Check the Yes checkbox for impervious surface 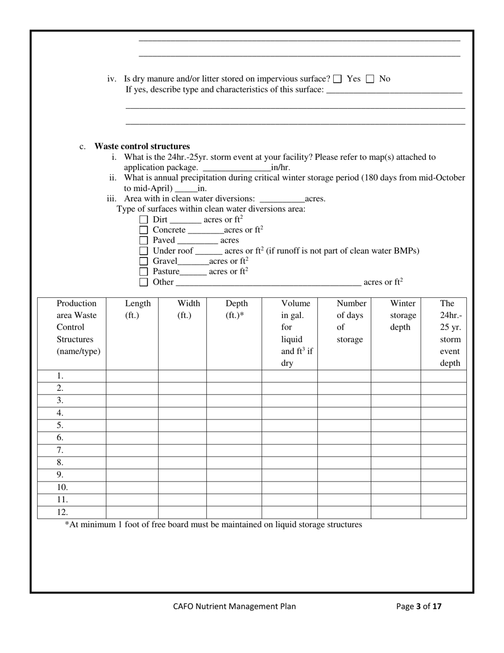point(337,79)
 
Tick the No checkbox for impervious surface point(370,79)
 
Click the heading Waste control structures point(142,146)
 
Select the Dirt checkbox point(143,219)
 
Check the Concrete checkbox point(143,230)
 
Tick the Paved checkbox point(143,240)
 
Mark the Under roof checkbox point(143,251)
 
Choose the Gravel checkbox point(143,261)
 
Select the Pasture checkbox point(143,271)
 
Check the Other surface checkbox point(143,282)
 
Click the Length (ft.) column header point(137,309)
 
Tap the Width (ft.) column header point(188,309)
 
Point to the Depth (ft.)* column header point(236,309)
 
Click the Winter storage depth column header point(403,315)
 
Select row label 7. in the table point(60,450)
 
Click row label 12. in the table point(62,512)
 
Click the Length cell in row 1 point(132,376)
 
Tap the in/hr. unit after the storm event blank point(280,167)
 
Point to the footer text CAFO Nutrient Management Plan point(234,606)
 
